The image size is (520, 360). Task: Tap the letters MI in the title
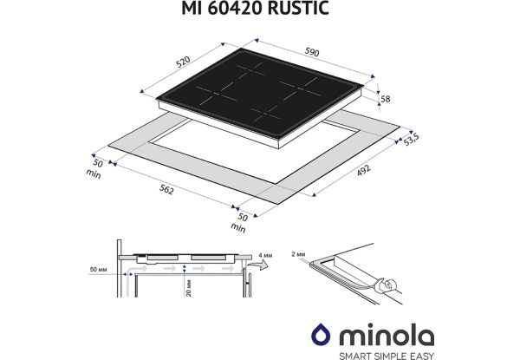(x=205, y=10)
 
